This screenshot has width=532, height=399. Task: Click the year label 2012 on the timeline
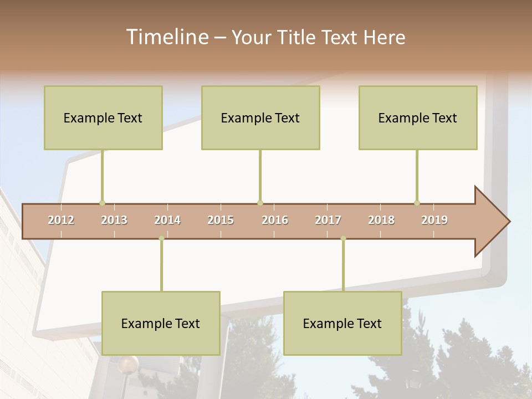61,221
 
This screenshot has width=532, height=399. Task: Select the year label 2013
114,221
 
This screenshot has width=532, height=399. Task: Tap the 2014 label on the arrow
167,221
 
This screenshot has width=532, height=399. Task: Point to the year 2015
221,221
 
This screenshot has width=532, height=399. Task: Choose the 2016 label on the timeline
275,221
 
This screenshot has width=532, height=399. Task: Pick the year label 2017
328,221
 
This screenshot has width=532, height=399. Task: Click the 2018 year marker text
381,221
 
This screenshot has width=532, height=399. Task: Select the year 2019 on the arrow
434,221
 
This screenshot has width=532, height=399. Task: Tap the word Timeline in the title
166,37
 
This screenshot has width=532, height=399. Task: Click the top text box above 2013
103,117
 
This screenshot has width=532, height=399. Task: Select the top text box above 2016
260,117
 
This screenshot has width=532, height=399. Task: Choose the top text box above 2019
418,117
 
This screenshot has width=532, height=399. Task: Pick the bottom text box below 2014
161,323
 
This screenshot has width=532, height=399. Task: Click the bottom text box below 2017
342,323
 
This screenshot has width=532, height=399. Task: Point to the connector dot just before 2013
102,203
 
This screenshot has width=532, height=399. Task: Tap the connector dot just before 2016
260,203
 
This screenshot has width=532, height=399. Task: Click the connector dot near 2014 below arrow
161,238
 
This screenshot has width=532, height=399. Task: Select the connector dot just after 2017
343,238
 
